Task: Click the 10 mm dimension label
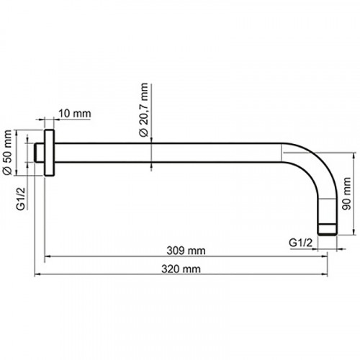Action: click(75, 114)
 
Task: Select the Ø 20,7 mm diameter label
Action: click(144, 110)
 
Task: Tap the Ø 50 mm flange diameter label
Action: click(7, 153)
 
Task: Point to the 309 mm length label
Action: click(186, 251)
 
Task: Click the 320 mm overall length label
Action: click(181, 269)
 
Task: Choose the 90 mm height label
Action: click(346, 194)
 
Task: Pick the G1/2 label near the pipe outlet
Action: click(300, 243)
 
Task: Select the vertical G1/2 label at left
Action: click(21, 199)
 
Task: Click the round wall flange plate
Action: click(50, 153)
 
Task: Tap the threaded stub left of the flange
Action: click(40, 153)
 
